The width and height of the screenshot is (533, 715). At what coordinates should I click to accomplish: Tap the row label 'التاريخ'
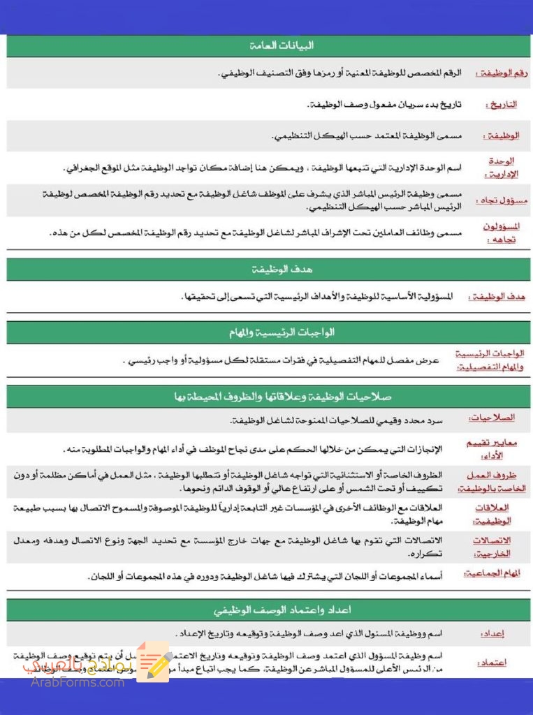(501, 105)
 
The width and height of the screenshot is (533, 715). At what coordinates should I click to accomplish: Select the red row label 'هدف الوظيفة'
(498, 297)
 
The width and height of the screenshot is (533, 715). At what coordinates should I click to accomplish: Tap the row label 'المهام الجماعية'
(493, 574)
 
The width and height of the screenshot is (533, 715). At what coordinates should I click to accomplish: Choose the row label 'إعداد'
(493, 634)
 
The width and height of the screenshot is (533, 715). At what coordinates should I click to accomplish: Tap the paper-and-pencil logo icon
(154, 662)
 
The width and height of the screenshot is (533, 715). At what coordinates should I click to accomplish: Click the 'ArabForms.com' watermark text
(78, 681)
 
